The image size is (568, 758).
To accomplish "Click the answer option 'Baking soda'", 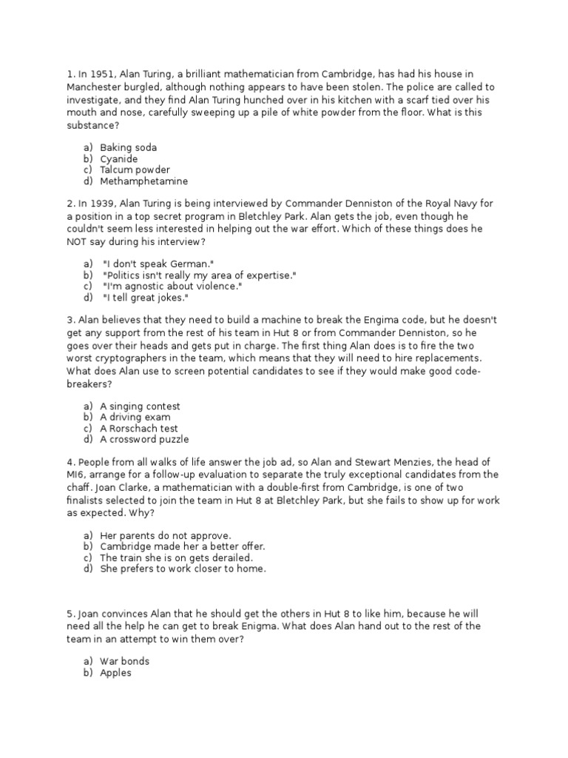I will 128,148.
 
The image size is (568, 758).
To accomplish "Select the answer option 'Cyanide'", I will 119,159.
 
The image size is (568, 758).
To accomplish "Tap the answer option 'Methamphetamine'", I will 143,181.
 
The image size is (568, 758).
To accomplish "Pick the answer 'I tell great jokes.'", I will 146,298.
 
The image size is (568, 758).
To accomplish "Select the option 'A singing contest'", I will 140,406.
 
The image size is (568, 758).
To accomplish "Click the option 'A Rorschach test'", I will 139,429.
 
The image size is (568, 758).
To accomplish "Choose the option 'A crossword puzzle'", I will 144,440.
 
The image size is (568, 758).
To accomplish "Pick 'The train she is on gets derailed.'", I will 177,557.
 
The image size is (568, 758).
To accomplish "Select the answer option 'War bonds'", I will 124,661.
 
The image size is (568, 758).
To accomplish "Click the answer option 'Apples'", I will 115,673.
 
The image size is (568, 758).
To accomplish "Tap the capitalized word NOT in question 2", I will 80,242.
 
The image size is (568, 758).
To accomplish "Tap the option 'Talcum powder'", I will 135,170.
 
